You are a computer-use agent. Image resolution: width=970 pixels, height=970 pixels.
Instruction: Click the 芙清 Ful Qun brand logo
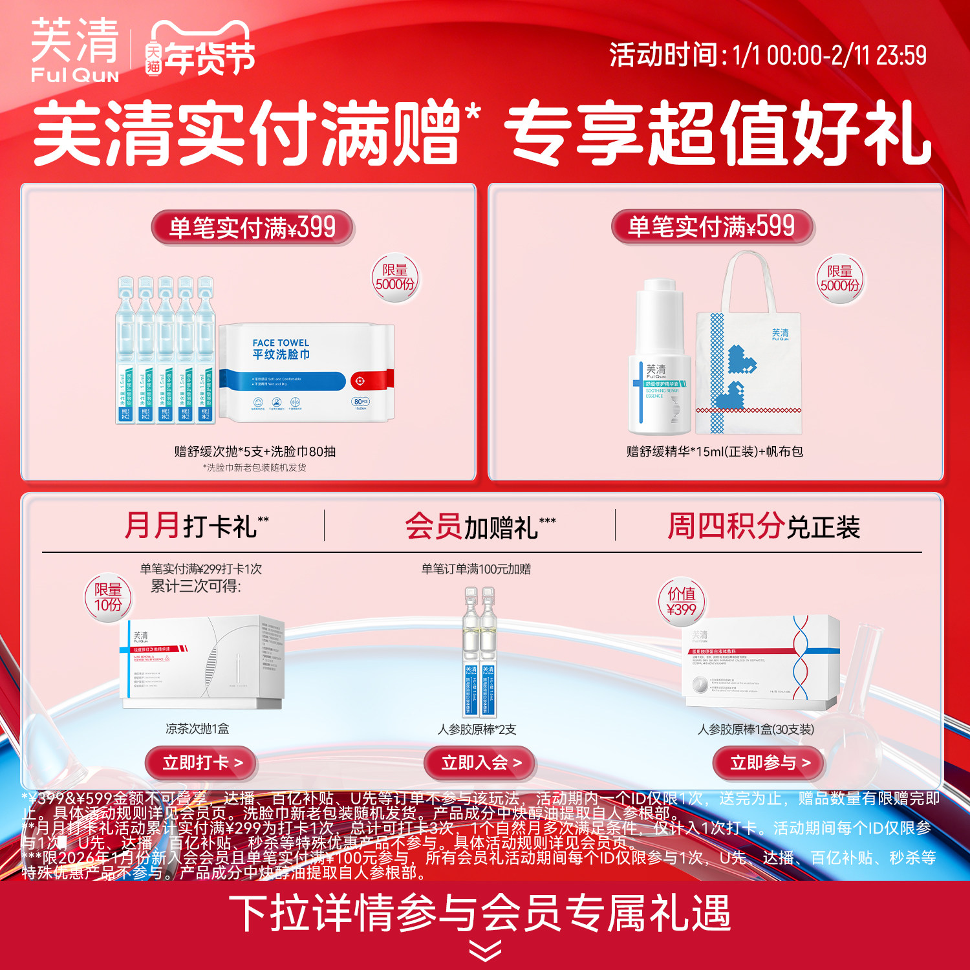point(75,50)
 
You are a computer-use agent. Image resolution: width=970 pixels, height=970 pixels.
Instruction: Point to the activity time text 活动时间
point(767,56)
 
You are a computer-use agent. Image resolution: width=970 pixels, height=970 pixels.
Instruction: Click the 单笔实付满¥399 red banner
point(252,228)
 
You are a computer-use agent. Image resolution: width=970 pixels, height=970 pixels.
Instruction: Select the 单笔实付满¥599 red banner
point(711,226)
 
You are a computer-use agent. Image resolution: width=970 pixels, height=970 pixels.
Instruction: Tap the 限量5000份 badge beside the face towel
point(394,278)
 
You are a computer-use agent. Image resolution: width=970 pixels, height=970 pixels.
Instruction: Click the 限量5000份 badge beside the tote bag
point(839,279)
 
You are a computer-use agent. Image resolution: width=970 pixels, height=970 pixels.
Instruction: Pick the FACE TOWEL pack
point(305,373)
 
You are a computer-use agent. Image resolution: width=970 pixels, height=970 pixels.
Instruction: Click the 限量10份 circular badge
point(108,598)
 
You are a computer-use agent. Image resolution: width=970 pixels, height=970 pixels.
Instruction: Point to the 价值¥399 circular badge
point(681,601)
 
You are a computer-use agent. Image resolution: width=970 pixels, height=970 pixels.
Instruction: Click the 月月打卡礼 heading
point(196,526)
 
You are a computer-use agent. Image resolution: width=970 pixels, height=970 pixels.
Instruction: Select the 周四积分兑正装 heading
point(763,526)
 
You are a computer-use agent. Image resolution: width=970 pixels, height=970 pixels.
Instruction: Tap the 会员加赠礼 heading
point(480,526)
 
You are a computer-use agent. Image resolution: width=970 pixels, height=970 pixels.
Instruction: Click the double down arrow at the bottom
point(485,951)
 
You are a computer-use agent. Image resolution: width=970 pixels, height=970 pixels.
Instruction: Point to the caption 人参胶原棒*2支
point(477,729)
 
